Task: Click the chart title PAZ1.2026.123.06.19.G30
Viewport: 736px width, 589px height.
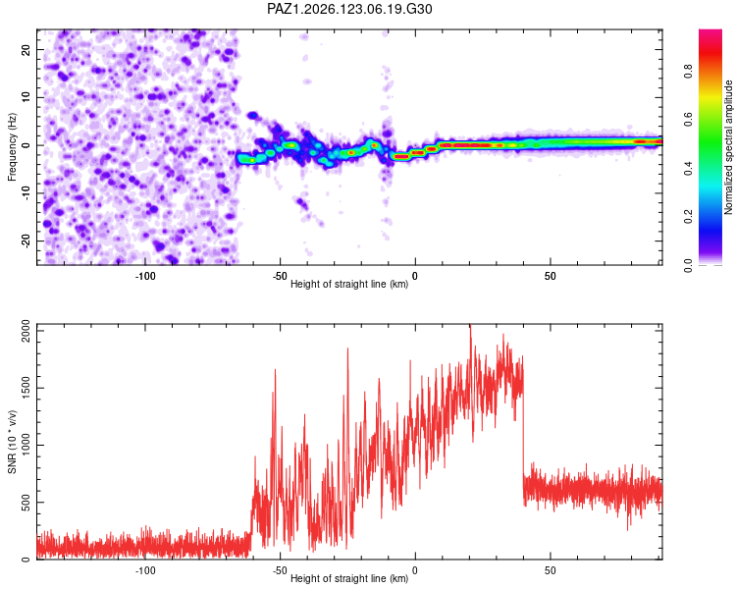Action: [349, 9]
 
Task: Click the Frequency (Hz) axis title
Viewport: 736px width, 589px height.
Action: [12, 146]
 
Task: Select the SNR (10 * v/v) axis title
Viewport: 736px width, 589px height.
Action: [12, 442]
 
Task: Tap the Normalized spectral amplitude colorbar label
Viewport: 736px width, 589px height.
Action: [728, 147]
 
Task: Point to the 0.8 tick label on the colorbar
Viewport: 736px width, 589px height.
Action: [689, 72]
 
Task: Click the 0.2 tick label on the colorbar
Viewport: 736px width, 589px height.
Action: [689, 217]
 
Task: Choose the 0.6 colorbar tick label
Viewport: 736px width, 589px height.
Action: [689, 120]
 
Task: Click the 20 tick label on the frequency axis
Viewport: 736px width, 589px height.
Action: [26, 49]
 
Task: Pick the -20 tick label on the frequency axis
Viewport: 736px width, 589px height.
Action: [26, 241]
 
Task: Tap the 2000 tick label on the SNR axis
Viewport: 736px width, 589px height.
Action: [26, 331]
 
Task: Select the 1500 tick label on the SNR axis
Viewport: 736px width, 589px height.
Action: [26, 388]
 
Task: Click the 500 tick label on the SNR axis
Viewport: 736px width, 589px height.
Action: [26, 502]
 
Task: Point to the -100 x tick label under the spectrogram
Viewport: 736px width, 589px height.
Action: [145, 276]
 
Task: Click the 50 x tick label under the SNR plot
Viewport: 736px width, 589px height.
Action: [551, 570]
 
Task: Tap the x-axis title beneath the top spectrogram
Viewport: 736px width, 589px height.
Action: [349, 284]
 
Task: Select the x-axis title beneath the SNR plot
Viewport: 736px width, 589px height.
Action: [349, 578]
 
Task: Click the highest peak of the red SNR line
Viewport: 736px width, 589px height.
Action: [470, 325]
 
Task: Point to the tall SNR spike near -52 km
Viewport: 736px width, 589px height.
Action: [275, 371]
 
